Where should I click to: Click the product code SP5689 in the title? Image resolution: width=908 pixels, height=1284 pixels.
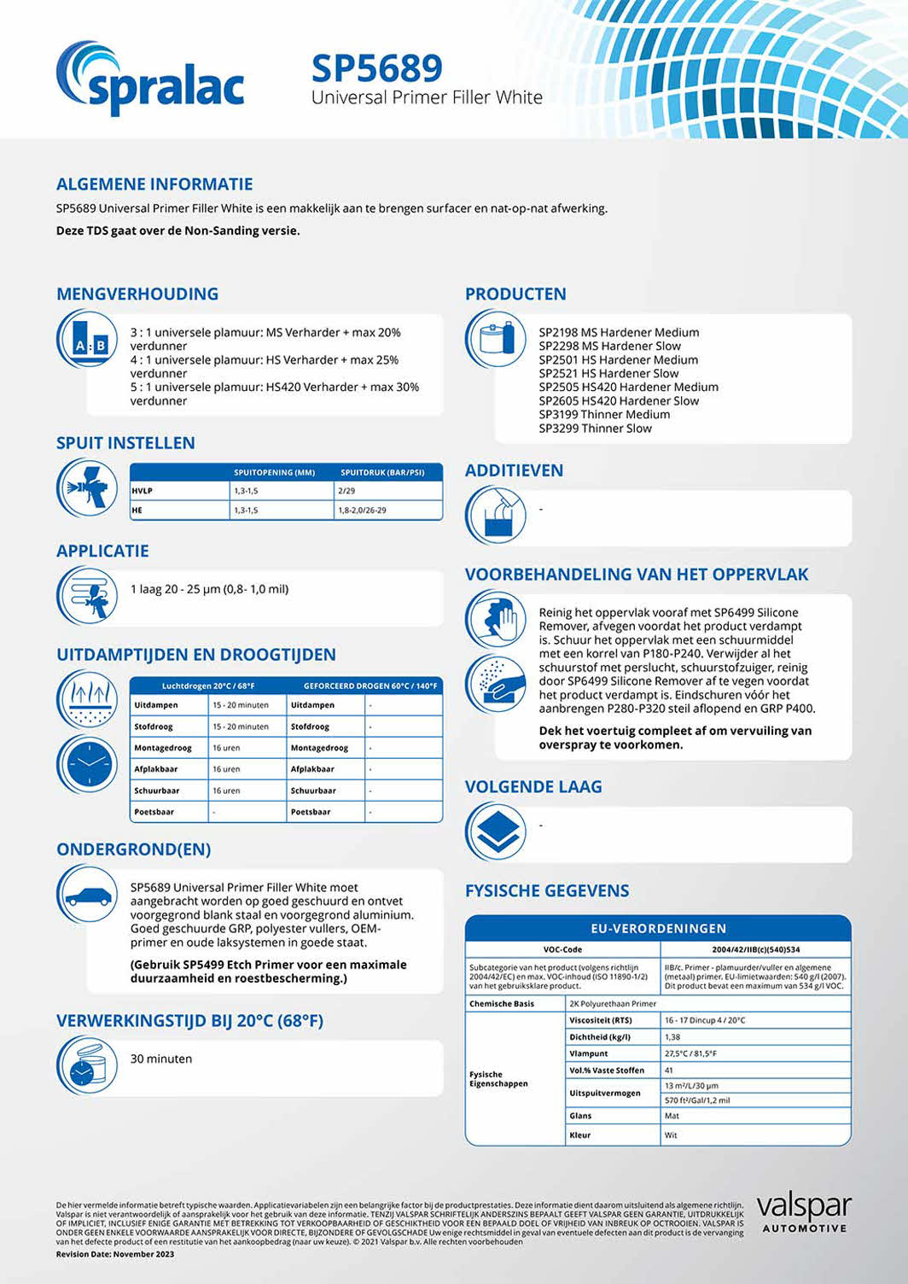(x=376, y=68)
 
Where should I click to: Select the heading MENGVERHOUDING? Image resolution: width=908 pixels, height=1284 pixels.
(x=137, y=294)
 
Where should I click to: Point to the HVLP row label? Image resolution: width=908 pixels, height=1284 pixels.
(x=143, y=491)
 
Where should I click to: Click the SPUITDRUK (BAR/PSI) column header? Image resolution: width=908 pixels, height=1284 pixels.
(x=382, y=472)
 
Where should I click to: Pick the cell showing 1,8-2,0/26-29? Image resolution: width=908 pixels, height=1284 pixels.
(x=363, y=511)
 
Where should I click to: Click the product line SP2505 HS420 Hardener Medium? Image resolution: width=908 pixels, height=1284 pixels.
(x=628, y=387)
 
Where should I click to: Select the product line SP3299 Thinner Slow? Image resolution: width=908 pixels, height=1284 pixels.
(x=595, y=429)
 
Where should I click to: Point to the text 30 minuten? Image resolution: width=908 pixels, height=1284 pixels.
(x=161, y=1059)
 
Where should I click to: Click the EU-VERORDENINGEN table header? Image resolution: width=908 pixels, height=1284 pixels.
(x=658, y=928)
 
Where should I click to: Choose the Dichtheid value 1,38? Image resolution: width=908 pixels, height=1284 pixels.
(x=672, y=1037)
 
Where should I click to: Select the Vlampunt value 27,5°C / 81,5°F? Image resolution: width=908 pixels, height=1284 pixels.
(x=690, y=1053)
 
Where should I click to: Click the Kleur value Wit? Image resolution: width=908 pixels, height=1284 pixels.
(x=671, y=1135)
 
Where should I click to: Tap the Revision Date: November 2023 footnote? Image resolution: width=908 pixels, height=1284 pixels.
(x=115, y=1254)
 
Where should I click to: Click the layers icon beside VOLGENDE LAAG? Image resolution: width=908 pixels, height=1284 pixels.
(x=495, y=832)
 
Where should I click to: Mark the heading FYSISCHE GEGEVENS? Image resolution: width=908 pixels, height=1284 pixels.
(x=547, y=890)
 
